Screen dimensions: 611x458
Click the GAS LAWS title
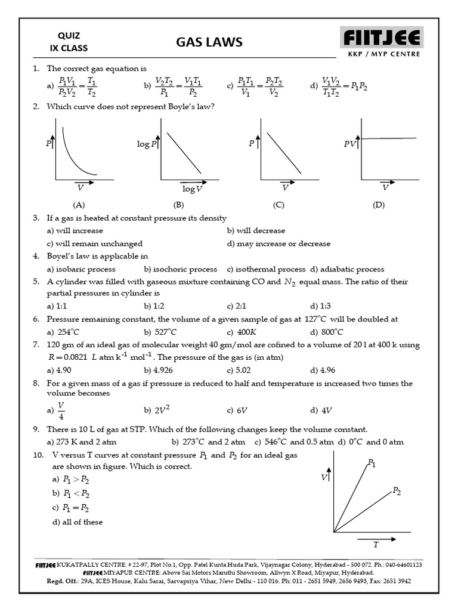coord(209,42)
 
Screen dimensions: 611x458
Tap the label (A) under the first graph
coord(79,205)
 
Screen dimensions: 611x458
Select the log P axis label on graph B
coord(147,144)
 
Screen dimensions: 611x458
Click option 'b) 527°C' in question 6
coord(160,332)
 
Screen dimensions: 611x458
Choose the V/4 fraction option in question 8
coord(60,411)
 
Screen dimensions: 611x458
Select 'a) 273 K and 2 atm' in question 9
coord(81,442)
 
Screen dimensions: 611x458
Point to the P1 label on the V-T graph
coord(372,463)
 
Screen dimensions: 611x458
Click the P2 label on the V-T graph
coord(397,491)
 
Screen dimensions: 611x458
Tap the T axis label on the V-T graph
coord(376,544)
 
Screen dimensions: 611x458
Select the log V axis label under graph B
coord(192,189)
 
